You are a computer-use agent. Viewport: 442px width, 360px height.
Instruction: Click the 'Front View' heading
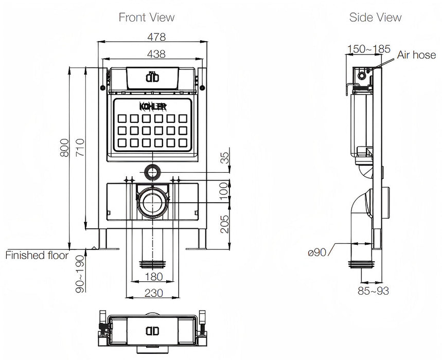click(147, 17)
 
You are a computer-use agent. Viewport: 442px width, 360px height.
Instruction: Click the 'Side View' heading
click(375, 17)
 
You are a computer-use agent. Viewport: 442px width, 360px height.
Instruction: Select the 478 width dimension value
click(153, 37)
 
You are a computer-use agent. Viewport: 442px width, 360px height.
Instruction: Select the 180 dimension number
click(154, 277)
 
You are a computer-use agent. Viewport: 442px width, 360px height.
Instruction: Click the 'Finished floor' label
click(37, 255)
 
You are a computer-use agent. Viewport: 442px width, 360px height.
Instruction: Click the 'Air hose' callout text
click(416, 55)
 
